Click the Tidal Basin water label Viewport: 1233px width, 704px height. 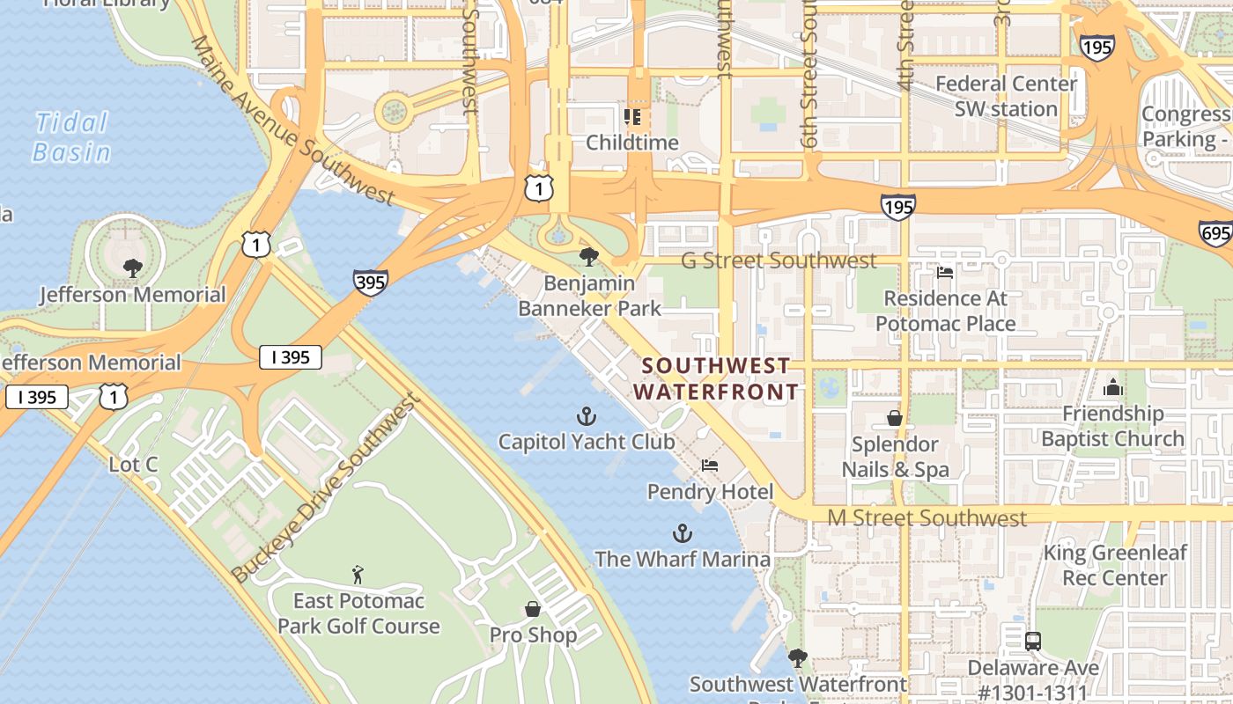(71, 137)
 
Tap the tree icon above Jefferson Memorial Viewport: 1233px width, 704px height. (133, 268)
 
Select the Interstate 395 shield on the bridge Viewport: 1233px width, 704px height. (371, 282)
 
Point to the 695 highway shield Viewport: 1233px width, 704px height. (1215, 233)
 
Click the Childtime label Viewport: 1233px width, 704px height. (632, 143)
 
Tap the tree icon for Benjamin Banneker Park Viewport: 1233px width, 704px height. (589, 257)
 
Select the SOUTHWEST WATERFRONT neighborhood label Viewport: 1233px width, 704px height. (715, 378)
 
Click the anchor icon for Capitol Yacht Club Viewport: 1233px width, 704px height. (587, 416)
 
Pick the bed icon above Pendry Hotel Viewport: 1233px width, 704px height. (710, 466)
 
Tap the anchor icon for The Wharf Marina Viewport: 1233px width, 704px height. (682, 533)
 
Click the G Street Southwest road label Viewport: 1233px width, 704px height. (779, 260)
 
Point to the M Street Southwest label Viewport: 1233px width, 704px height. (927, 518)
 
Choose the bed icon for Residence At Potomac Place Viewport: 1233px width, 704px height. (945, 273)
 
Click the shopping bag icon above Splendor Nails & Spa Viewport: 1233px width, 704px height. (895, 418)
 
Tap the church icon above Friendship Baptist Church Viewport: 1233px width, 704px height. (1112, 387)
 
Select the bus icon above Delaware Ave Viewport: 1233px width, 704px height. (1032, 642)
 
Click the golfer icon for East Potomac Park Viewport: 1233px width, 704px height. (358, 576)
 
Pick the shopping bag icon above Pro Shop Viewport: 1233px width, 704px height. (533, 609)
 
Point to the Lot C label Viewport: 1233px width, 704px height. (133, 464)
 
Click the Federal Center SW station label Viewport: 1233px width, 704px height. (1006, 96)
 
